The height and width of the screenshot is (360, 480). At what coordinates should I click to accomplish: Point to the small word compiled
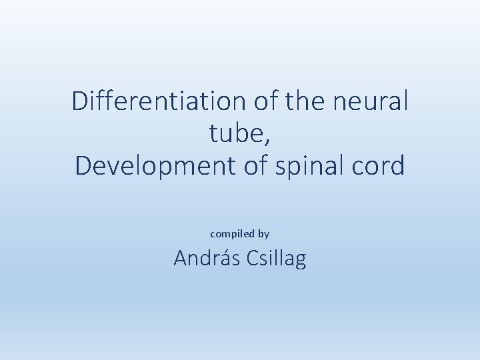[x=233, y=234]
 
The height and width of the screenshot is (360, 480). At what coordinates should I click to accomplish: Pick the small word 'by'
[x=263, y=234]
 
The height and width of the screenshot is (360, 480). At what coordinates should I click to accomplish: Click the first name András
[x=207, y=259]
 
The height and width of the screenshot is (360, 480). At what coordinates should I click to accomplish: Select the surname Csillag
[x=276, y=259]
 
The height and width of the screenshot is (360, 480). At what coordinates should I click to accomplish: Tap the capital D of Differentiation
[x=80, y=102]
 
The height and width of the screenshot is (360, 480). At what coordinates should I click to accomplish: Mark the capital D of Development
[x=83, y=166]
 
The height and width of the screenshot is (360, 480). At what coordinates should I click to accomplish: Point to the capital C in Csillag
[x=253, y=259]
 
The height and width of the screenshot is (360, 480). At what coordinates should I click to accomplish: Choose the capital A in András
[x=181, y=259]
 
